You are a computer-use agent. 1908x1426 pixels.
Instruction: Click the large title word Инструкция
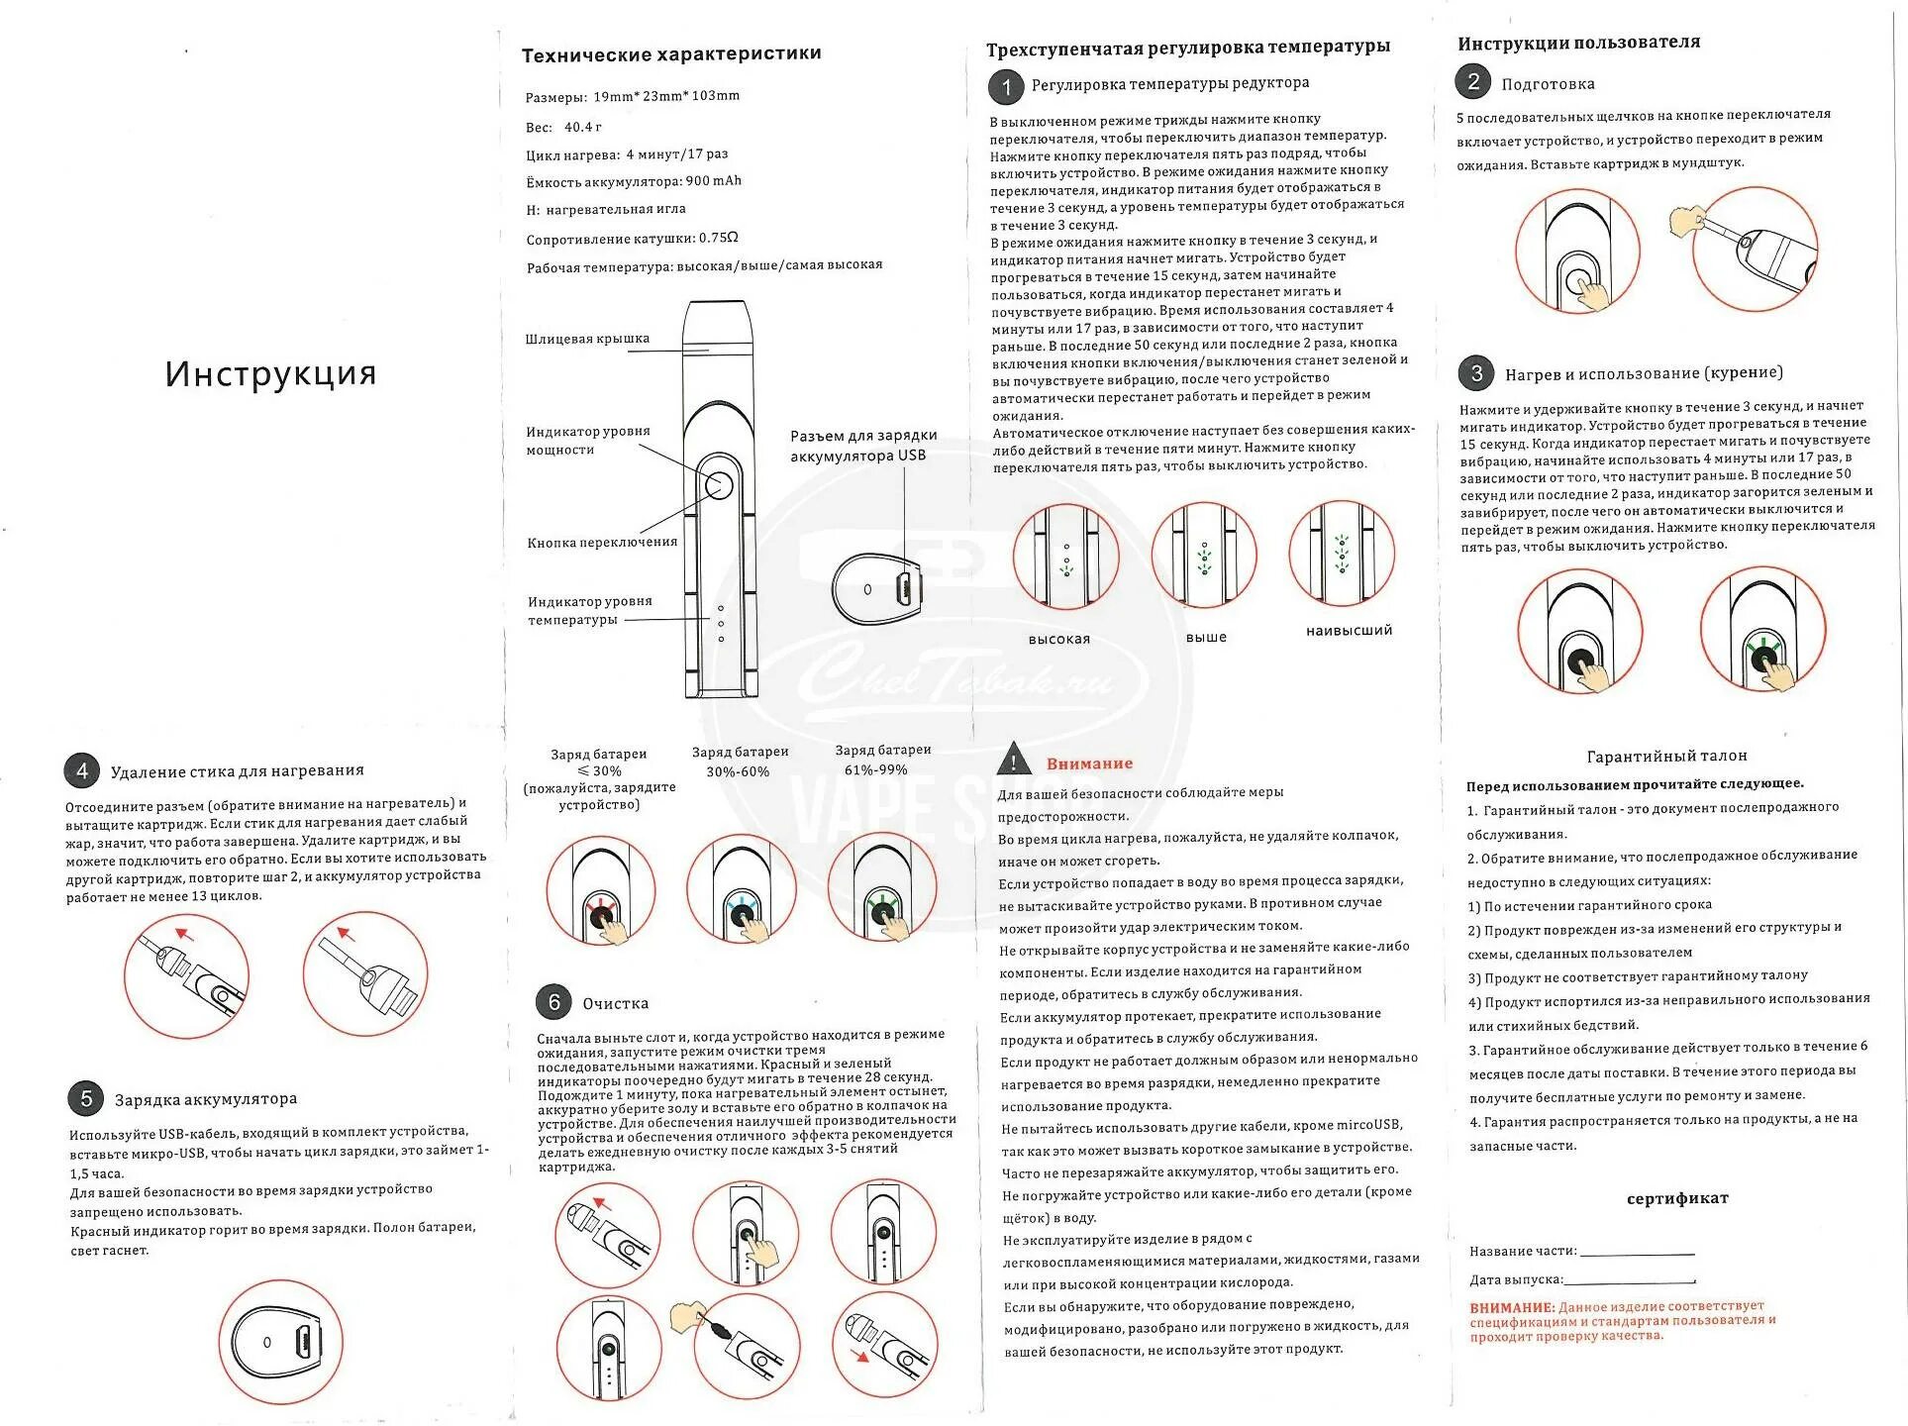tap(270, 373)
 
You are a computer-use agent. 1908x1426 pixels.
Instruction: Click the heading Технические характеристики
tap(671, 54)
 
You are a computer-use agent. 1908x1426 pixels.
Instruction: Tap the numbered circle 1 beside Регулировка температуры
tap(1006, 87)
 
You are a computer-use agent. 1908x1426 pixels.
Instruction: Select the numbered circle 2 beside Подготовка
tap(1472, 81)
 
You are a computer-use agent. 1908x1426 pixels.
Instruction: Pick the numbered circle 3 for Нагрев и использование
tap(1475, 373)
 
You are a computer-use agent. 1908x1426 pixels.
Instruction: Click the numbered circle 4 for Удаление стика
tap(82, 771)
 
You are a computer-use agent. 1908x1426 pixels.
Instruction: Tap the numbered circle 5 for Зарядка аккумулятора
tap(86, 1098)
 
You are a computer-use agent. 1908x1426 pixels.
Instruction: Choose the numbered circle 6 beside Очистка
tap(553, 1002)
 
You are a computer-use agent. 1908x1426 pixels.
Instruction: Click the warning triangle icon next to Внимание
tap(1013, 761)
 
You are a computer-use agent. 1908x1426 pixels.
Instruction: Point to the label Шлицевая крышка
tap(587, 339)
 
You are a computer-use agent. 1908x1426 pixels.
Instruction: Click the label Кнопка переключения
tap(602, 543)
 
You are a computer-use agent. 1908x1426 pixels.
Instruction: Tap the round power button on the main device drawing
tap(718, 485)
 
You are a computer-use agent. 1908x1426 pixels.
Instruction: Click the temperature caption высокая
tap(1058, 640)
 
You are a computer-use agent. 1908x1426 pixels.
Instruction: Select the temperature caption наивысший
tap(1349, 631)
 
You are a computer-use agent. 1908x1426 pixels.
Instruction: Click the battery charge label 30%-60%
tap(738, 772)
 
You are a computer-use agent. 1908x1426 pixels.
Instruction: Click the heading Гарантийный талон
tap(1666, 757)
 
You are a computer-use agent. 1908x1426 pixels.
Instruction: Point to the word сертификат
tap(1677, 1198)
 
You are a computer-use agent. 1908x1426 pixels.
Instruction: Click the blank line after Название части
tap(1637, 1253)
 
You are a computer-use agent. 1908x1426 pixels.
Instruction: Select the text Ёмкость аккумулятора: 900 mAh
tap(634, 182)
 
